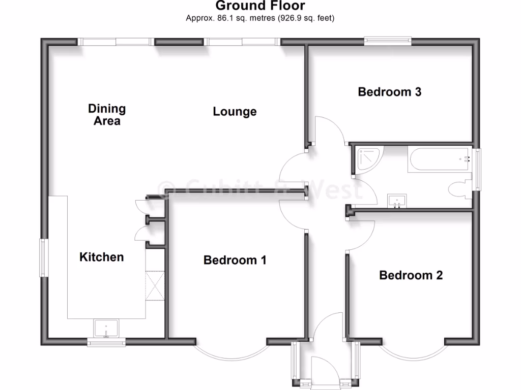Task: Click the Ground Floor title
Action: tap(260, 6)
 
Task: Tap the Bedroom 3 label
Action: tap(390, 92)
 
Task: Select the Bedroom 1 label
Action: tap(235, 260)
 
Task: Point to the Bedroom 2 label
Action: tap(411, 275)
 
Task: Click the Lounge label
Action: tap(235, 111)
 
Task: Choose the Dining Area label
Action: tap(107, 114)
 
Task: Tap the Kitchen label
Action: tap(102, 257)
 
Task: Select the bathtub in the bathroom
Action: tap(440, 158)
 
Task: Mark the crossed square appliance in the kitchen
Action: tap(155, 286)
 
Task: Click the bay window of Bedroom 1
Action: tap(231, 350)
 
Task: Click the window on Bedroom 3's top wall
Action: tap(388, 41)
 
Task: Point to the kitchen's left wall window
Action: tap(45, 257)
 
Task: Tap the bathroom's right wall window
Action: tap(477, 169)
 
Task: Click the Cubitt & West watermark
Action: tap(260, 189)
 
